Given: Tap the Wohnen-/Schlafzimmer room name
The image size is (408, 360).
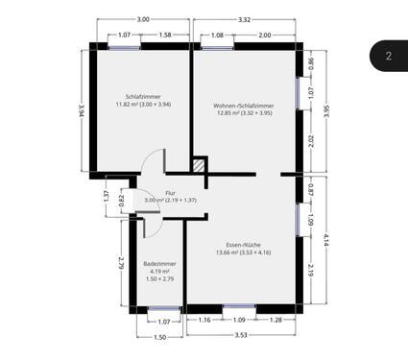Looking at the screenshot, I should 244,106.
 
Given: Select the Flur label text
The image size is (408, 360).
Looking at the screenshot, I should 170,192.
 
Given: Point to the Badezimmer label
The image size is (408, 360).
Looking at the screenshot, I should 156,262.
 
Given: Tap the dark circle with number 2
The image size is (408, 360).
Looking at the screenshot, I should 389,56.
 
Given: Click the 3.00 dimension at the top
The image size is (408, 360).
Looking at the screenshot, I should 142,19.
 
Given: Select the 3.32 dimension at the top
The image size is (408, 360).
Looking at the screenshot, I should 244,19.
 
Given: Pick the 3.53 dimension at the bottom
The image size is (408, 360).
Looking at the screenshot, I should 242,335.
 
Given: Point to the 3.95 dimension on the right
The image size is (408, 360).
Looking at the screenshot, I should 327,110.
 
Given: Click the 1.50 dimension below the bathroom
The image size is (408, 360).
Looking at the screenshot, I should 159,337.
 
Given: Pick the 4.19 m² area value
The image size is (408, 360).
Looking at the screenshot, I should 156,271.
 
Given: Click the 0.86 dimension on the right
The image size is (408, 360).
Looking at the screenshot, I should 311,65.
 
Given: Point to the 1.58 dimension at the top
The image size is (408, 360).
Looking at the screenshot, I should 165,36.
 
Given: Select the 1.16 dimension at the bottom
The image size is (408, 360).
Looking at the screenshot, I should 204,319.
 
